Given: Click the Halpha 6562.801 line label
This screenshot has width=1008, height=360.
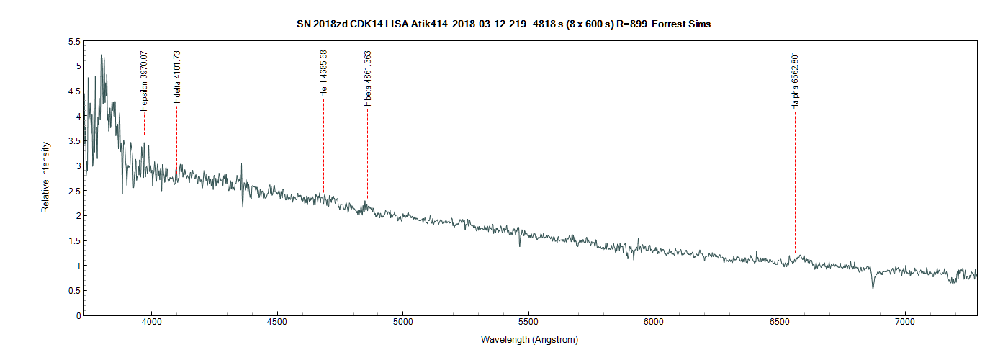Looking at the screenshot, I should point(795,81).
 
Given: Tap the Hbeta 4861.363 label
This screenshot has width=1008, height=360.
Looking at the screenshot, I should point(368,78).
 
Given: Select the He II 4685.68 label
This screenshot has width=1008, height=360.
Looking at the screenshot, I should point(324,73).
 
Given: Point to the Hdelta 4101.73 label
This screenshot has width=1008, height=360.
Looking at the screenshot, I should point(177,77).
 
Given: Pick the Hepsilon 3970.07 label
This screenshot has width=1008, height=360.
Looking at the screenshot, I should point(144,80).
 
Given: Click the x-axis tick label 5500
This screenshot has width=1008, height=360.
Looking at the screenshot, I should point(528,325).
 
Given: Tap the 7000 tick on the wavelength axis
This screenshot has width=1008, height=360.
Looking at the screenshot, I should point(905,325).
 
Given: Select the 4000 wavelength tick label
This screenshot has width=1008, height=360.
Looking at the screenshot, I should point(152,325).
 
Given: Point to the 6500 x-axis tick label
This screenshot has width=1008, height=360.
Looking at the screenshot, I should point(780,325).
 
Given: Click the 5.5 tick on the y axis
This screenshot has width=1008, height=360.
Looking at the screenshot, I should point(73,42).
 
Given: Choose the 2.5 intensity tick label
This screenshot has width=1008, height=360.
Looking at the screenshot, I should point(73,191).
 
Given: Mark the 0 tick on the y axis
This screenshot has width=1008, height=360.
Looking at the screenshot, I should point(76,315).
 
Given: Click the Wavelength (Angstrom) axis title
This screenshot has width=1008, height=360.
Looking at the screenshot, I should point(529,340).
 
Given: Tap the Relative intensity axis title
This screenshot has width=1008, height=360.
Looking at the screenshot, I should point(45,177).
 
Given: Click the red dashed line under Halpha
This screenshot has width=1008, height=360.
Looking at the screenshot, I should point(795,180).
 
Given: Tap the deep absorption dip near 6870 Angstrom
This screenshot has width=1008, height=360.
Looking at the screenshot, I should point(873,287).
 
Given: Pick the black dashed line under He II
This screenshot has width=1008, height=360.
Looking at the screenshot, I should point(324,144).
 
